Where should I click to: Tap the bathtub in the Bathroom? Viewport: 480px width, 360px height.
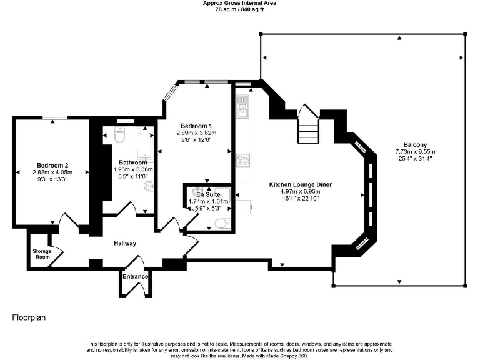145,145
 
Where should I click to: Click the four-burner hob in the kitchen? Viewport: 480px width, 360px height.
242,160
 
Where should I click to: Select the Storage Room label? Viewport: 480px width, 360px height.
41,254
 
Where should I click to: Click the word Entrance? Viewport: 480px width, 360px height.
135,276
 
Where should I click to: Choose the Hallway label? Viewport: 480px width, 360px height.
125,243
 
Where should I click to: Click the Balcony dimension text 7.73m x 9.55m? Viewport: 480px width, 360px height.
415,151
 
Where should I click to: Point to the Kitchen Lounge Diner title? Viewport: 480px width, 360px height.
300,185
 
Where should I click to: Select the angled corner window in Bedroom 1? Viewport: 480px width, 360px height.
169,94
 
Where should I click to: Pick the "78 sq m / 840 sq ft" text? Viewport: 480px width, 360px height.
240,10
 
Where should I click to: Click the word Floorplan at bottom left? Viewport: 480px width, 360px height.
29,317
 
